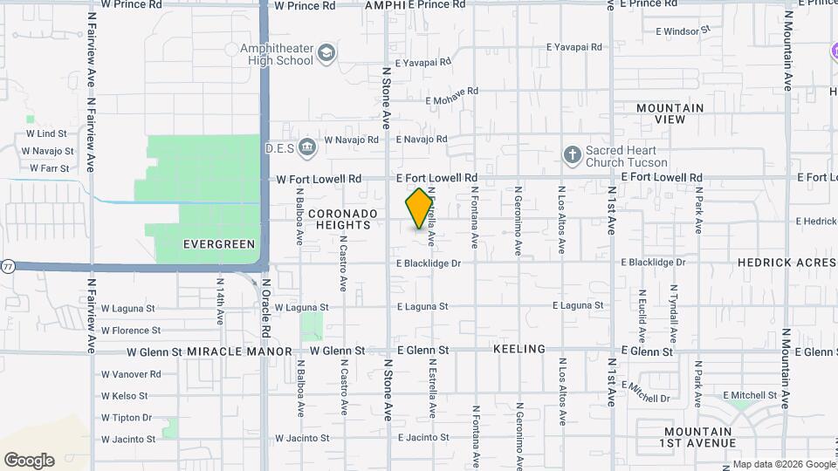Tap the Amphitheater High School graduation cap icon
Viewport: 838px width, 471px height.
coord(326,53)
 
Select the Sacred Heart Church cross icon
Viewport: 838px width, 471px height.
coord(573,154)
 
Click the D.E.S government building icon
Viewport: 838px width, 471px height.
coord(306,146)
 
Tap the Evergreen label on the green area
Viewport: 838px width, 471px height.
coord(219,245)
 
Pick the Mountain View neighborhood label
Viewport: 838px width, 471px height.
coord(670,113)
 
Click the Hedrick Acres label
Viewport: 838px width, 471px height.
coord(786,262)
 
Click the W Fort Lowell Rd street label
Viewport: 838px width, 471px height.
coord(319,179)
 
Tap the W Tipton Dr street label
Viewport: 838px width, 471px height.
coord(127,418)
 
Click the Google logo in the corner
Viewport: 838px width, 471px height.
coord(29,461)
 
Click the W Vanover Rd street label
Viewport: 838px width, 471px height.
coord(131,374)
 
